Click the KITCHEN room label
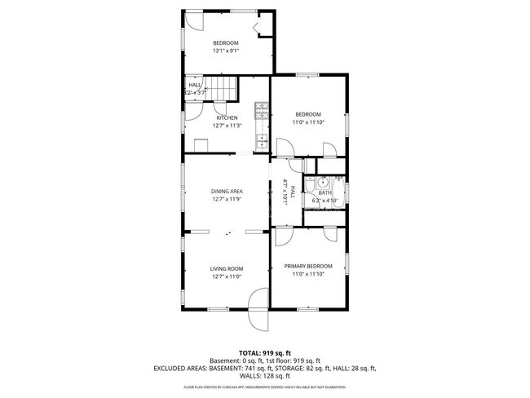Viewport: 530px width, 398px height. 227,117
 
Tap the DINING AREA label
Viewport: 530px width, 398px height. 227,191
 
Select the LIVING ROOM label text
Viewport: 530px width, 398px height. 227,268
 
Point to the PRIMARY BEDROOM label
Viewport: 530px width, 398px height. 308,266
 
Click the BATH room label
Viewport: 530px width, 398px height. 325,192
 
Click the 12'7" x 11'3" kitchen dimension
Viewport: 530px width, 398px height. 227,126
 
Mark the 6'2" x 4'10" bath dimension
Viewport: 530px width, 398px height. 325,201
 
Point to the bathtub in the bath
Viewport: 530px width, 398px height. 325,215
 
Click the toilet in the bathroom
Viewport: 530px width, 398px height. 338,180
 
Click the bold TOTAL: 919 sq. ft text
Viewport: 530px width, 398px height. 264,352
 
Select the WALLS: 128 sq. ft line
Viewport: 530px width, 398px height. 264,376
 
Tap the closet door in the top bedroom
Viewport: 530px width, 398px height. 262,30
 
